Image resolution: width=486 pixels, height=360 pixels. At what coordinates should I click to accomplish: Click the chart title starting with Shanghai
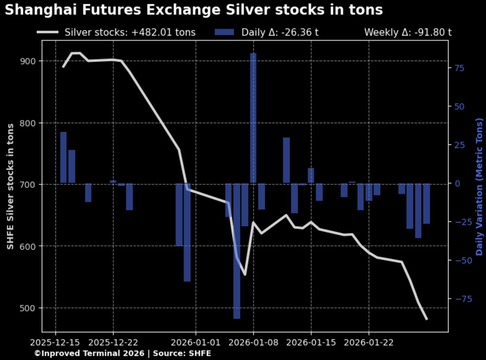tap(194, 10)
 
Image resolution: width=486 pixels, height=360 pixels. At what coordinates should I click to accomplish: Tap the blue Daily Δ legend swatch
tap(225, 33)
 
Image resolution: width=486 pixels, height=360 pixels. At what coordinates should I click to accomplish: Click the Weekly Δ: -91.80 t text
tap(408, 33)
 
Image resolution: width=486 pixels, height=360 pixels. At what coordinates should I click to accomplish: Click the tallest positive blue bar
tap(253, 117)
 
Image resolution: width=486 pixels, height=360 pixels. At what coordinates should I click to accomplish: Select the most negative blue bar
tap(237, 251)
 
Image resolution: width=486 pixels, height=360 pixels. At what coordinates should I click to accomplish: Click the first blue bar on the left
tap(63, 157)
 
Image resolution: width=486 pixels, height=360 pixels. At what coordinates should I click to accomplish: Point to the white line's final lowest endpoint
tap(426, 319)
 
